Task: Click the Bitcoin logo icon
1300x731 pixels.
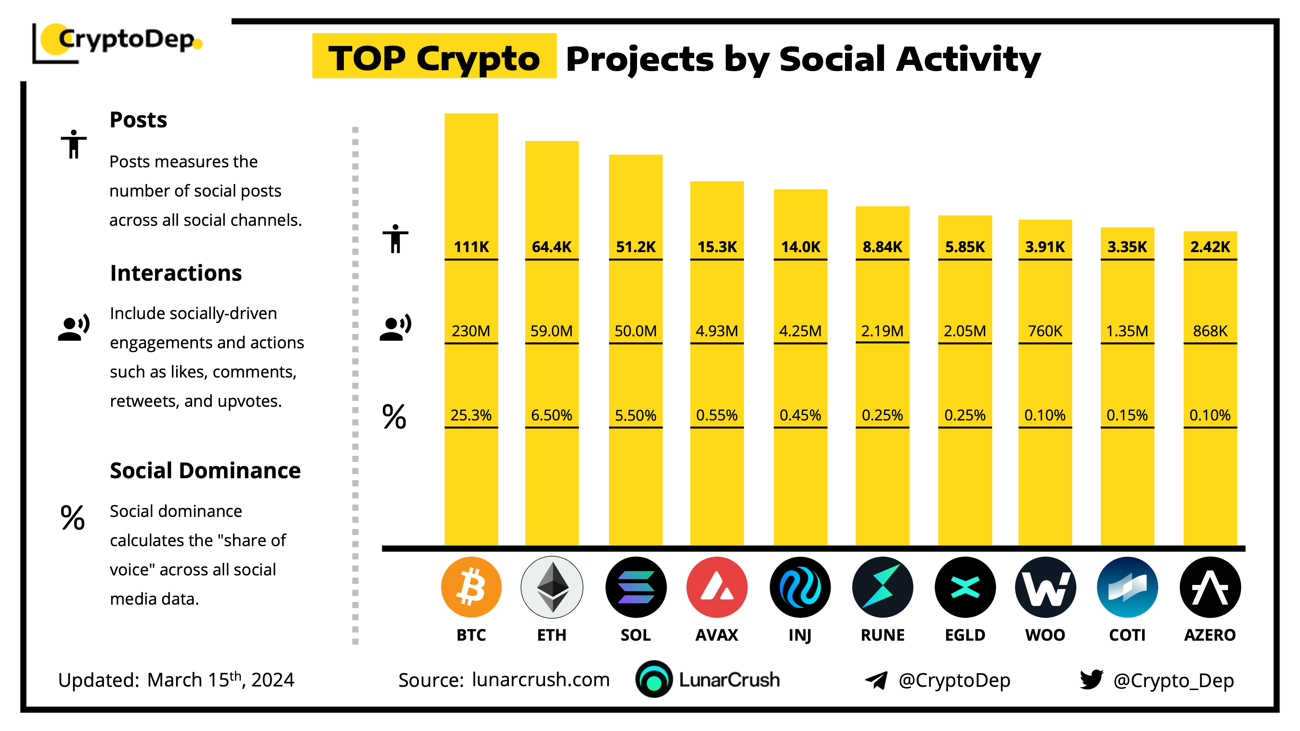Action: [x=471, y=587]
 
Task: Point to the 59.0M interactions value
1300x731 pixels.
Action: [x=551, y=331]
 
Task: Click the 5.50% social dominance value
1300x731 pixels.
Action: [x=635, y=415]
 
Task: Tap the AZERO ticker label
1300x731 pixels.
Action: [x=1210, y=635]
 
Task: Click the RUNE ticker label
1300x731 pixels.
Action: [x=882, y=635]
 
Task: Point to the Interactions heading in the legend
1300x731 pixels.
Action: [x=175, y=273]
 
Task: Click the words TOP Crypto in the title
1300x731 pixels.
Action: [x=434, y=58]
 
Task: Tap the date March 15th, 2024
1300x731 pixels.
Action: [x=221, y=680]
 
